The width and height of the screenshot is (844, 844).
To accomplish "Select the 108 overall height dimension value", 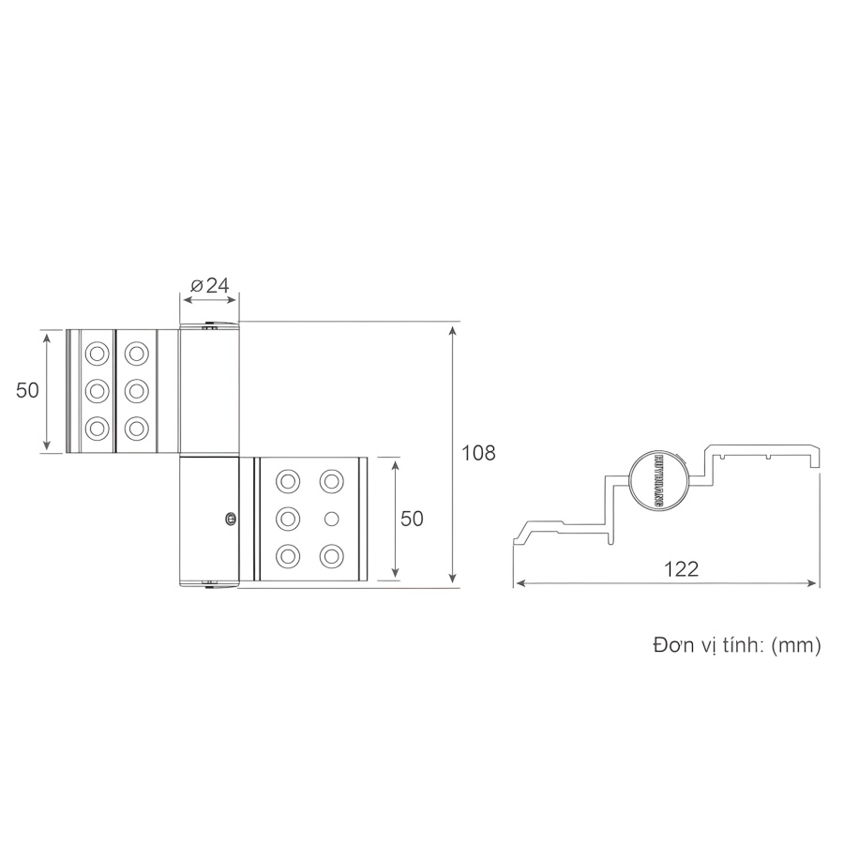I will pyautogui.click(x=478, y=453).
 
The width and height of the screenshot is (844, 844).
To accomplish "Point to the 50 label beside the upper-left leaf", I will pyautogui.click(x=27, y=391).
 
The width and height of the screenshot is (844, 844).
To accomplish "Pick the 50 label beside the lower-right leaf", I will pyautogui.click(x=413, y=519).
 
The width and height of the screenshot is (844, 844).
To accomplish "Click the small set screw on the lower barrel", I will pyautogui.click(x=230, y=516).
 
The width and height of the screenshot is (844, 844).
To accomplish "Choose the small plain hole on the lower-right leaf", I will pyautogui.click(x=330, y=519).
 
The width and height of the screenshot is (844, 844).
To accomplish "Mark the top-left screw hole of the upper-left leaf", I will pyautogui.click(x=96, y=354).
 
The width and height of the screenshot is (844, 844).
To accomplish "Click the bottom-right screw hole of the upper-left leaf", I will pyautogui.click(x=137, y=428).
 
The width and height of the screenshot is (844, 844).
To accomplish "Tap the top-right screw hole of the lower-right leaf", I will pyautogui.click(x=330, y=481).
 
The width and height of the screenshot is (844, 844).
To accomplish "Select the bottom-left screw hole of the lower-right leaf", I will pyautogui.click(x=288, y=556).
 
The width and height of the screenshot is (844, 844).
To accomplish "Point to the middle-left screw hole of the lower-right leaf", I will pyautogui.click(x=288, y=519).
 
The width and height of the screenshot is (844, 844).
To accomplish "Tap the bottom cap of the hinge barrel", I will pyautogui.click(x=210, y=586).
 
